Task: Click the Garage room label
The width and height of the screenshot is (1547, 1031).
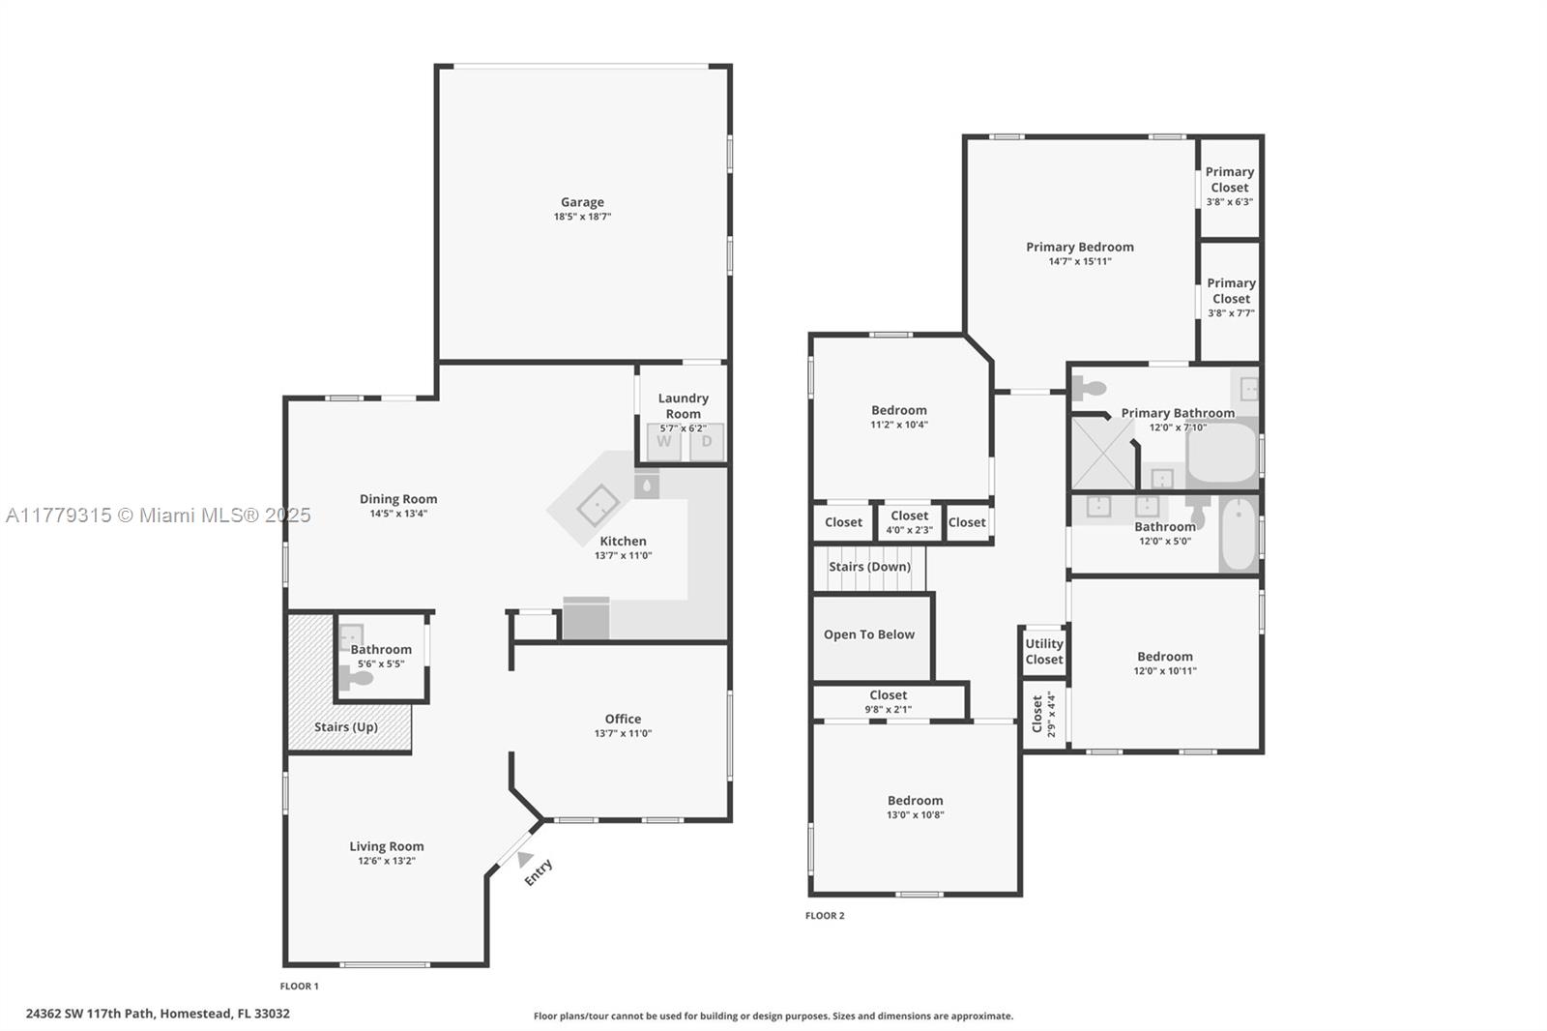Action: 582,202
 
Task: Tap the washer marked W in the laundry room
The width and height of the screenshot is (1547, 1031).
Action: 663,442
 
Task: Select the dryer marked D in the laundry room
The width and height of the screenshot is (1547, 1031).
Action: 707,442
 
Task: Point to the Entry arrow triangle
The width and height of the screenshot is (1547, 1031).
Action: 525,859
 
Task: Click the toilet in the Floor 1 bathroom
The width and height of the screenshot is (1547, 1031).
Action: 356,678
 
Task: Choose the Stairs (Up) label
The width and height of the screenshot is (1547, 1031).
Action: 346,727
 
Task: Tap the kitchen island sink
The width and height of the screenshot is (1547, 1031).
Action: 598,506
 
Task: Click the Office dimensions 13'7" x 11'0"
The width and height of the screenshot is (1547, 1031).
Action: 623,733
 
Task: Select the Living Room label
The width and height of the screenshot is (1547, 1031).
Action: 387,846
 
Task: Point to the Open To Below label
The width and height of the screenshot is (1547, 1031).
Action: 869,634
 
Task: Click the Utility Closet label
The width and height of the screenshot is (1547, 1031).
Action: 1043,652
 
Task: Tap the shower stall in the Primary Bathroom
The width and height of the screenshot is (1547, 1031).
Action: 1103,454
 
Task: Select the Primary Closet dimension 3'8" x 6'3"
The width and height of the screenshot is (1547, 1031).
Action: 1230,202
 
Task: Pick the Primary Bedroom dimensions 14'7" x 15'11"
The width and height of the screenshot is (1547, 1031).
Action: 1080,261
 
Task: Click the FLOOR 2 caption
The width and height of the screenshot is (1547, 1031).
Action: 825,916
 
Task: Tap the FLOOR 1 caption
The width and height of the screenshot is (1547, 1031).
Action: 299,987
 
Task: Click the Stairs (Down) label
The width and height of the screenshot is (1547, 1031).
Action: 869,567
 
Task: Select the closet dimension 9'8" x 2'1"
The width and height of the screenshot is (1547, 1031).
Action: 889,709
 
